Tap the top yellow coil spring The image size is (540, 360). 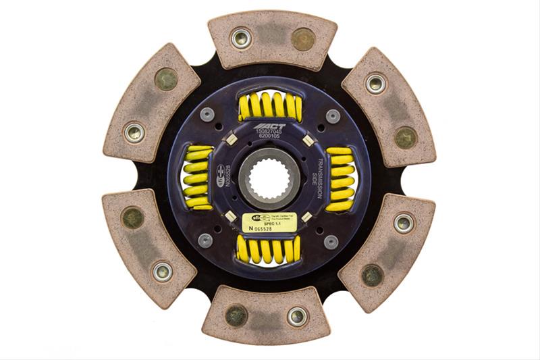tap(269, 106)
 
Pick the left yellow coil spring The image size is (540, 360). tap(197, 178)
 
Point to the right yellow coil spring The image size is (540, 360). tap(340, 179)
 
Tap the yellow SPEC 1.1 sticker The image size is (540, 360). tap(269, 223)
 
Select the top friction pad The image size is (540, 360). tap(272, 40)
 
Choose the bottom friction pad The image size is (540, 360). tap(267, 315)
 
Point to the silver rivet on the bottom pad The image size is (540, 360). tap(297, 315)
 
